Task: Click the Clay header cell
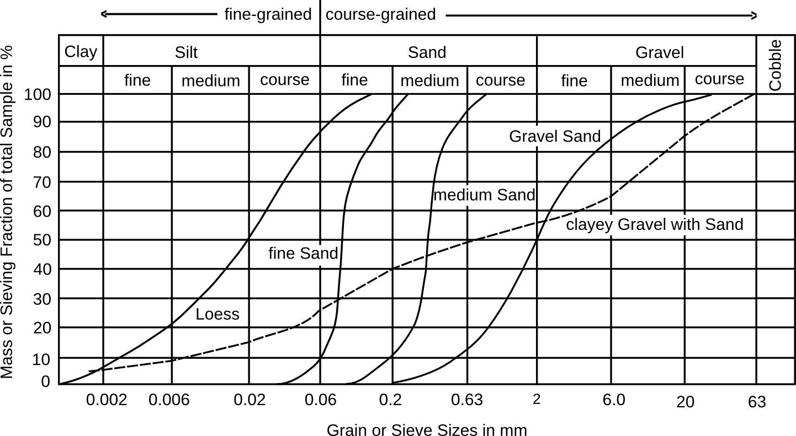[x=81, y=52]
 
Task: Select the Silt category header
[x=186, y=52]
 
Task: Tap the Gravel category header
[x=659, y=52]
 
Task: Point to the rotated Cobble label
[x=775, y=65]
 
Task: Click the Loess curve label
[x=217, y=314]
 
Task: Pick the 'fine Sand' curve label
[x=303, y=254]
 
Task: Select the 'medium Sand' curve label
[x=484, y=195]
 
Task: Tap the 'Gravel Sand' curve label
[x=554, y=136]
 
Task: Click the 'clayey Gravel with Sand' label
[x=655, y=225]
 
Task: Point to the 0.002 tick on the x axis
[x=107, y=400]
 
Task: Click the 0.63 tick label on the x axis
[x=467, y=400]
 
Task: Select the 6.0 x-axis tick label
[x=614, y=400]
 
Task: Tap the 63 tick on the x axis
[x=757, y=402]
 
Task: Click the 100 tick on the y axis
[x=39, y=94]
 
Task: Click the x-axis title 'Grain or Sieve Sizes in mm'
[x=427, y=429]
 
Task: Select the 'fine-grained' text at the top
[x=268, y=14]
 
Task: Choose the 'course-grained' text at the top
[x=381, y=14]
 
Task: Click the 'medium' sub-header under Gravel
[x=650, y=80]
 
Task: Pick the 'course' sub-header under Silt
[x=284, y=80]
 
